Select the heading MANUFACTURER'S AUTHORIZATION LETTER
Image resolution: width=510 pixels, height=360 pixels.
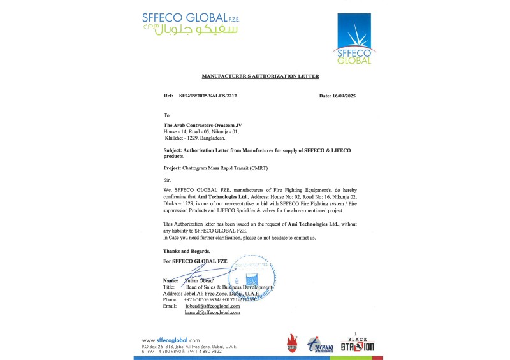[x=260, y=76]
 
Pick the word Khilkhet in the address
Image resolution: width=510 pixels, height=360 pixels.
[x=174, y=137]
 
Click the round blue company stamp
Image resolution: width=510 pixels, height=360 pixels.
[x=252, y=278]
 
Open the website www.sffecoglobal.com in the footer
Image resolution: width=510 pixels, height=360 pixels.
[x=170, y=340]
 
